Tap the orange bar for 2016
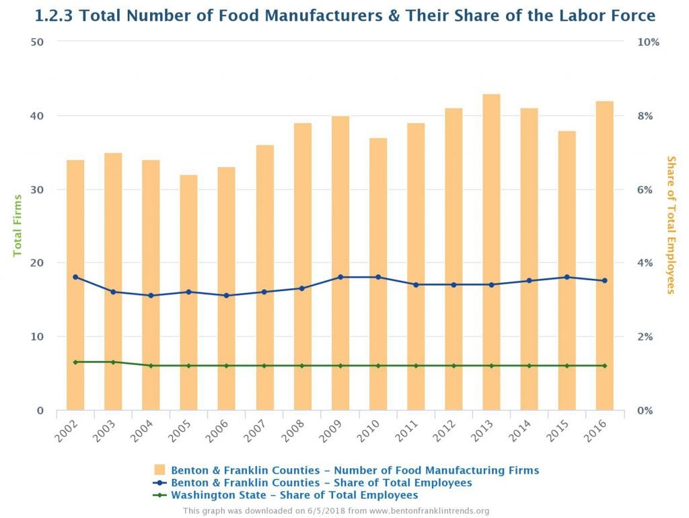(x=604, y=255)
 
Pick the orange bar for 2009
(x=340, y=263)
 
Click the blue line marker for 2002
(x=75, y=277)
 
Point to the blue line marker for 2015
(x=567, y=277)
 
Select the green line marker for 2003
(x=113, y=362)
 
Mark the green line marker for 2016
(x=604, y=366)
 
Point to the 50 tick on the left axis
(x=37, y=42)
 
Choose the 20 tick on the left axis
(x=37, y=263)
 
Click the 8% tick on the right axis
(x=645, y=116)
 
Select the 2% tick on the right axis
(x=645, y=337)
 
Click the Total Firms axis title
(x=18, y=225)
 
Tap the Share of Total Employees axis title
(x=670, y=225)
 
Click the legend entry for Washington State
(x=294, y=495)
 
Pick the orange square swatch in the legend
(x=159, y=470)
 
